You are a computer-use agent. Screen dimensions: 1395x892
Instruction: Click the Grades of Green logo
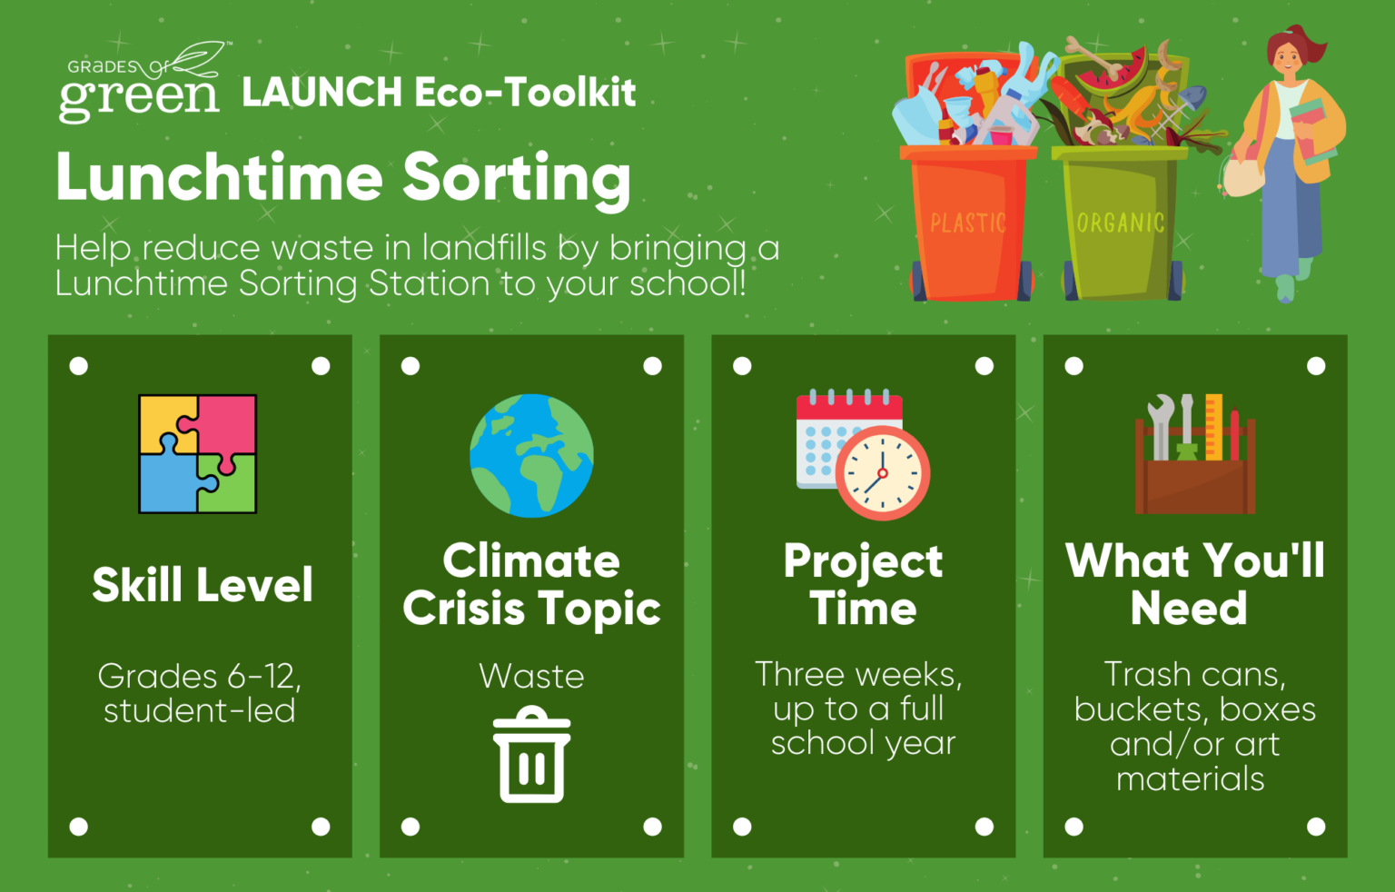click(143, 82)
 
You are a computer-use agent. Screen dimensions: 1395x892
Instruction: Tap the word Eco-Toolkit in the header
click(525, 93)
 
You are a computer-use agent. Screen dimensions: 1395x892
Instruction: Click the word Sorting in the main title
click(517, 178)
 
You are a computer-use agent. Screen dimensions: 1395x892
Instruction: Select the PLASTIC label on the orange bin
click(968, 223)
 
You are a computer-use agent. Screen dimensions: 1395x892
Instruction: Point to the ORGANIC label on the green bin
click(1121, 223)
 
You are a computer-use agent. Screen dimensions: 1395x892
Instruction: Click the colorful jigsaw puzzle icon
click(197, 454)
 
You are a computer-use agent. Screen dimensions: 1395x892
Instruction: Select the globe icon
click(532, 455)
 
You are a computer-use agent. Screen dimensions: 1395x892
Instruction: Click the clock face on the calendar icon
click(883, 473)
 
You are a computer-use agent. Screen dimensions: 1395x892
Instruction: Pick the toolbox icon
click(1195, 454)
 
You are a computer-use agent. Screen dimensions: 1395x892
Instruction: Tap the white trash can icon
click(532, 754)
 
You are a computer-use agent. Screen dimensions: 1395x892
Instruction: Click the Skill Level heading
click(203, 585)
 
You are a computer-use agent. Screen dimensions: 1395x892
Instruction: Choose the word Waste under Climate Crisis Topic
click(532, 676)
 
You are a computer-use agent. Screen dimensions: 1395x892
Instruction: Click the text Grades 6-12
click(199, 677)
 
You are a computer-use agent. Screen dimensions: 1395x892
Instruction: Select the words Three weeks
click(859, 675)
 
